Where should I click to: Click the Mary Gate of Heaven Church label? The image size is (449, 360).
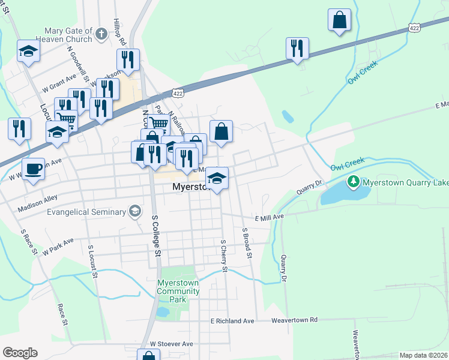(64, 35)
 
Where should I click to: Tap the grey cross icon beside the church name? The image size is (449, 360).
(101, 33)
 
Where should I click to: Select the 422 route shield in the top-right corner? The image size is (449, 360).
(415, 28)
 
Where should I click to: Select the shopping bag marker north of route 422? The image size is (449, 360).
(339, 19)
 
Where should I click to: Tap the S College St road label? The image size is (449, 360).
(157, 236)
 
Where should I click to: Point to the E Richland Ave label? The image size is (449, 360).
(232, 321)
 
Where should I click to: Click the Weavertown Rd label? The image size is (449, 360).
(294, 320)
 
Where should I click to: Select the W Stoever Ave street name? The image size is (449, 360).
(172, 344)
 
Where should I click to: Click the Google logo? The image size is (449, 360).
(20, 353)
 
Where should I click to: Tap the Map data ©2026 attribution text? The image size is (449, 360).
(424, 355)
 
